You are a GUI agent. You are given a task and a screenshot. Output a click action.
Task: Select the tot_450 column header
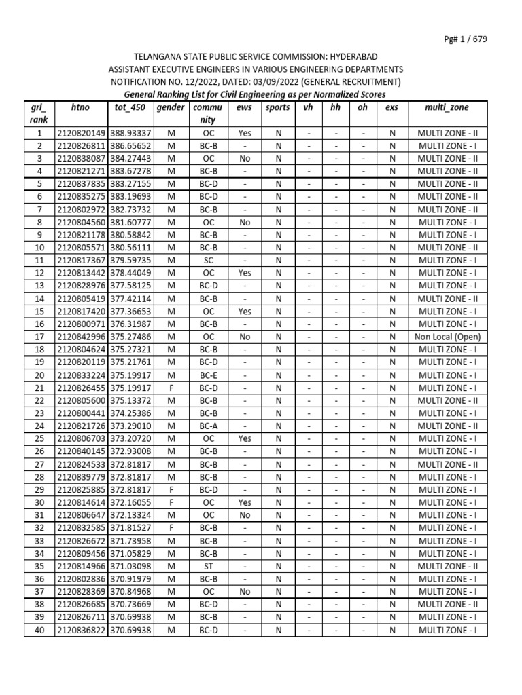[x=130, y=108]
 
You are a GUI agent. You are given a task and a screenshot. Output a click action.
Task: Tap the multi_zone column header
[x=446, y=108]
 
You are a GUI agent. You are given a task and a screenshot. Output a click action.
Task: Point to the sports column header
[x=277, y=108]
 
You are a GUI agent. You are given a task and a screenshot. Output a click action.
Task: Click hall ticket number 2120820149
[x=81, y=133]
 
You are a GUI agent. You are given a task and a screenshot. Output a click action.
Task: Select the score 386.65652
[x=130, y=146]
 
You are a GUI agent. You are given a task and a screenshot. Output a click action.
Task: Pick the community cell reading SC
[x=208, y=261]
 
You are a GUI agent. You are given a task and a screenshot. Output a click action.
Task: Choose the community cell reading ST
[x=208, y=566]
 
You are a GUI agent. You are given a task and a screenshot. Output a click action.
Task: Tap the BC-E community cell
[x=208, y=375]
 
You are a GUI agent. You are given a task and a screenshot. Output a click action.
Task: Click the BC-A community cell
[x=208, y=426]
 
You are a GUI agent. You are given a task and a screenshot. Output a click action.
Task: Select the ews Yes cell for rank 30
[x=244, y=503]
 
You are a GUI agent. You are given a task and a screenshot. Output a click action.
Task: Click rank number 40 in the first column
[x=39, y=631]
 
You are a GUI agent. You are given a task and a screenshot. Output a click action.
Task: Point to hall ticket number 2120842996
[x=81, y=337]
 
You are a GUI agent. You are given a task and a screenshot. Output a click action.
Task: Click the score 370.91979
[x=130, y=579]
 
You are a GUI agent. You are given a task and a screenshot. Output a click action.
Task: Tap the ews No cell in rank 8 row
[x=244, y=223]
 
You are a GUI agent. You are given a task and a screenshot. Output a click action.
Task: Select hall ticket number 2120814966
[x=81, y=566]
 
